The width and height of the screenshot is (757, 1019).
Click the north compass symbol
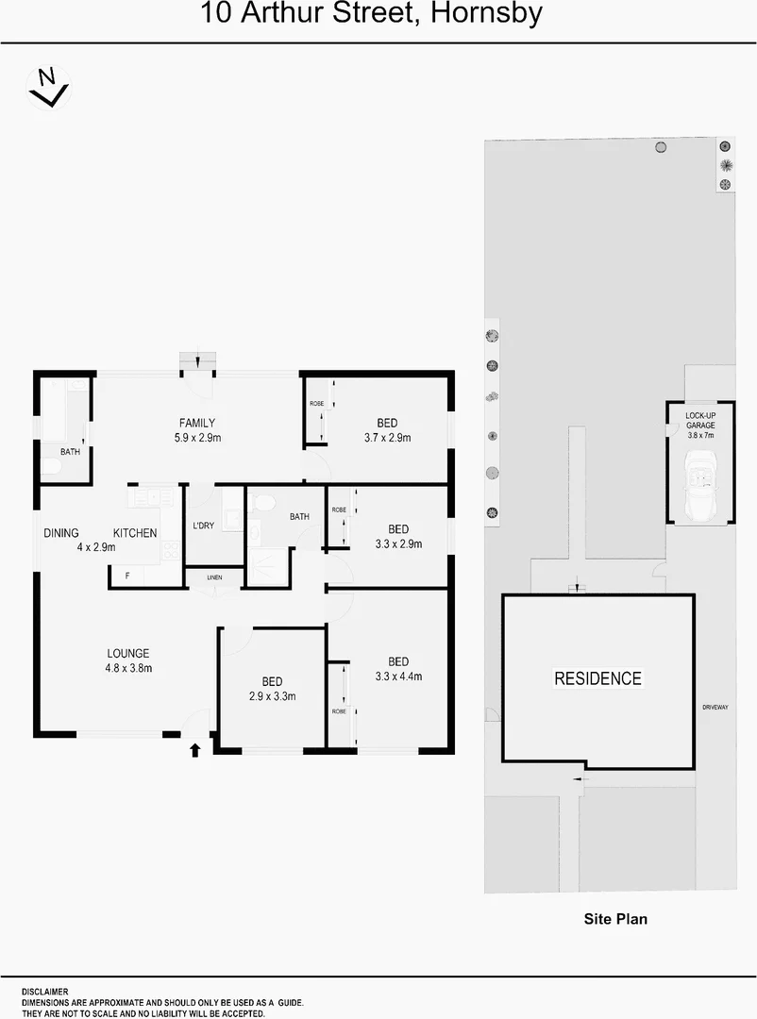pyautogui.click(x=47, y=87)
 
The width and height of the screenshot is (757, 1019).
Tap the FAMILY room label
pyautogui.click(x=198, y=423)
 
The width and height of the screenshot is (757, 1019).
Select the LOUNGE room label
pyautogui.click(x=128, y=653)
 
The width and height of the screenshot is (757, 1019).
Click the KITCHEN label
pyautogui.click(x=135, y=533)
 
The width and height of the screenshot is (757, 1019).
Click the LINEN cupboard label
pyautogui.click(x=214, y=576)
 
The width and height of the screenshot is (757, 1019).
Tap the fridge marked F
pyautogui.click(x=127, y=575)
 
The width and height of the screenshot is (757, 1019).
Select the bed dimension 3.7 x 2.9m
pyautogui.click(x=387, y=438)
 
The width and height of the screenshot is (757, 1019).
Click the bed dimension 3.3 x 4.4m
pyautogui.click(x=398, y=676)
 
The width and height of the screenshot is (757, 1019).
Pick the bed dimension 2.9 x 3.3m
pyautogui.click(x=273, y=696)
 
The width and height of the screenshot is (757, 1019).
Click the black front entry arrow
pyautogui.click(x=195, y=750)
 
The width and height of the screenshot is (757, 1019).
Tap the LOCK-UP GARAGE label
pyautogui.click(x=699, y=420)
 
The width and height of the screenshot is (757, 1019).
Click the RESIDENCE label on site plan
pyautogui.click(x=597, y=678)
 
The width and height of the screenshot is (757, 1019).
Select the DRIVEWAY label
pyautogui.click(x=715, y=707)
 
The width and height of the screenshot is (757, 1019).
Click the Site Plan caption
pyautogui.click(x=615, y=918)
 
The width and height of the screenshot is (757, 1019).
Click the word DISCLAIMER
pyautogui.click(x=44, y=992)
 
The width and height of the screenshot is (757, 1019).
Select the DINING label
pyautogui.click(x=61, y=533)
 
